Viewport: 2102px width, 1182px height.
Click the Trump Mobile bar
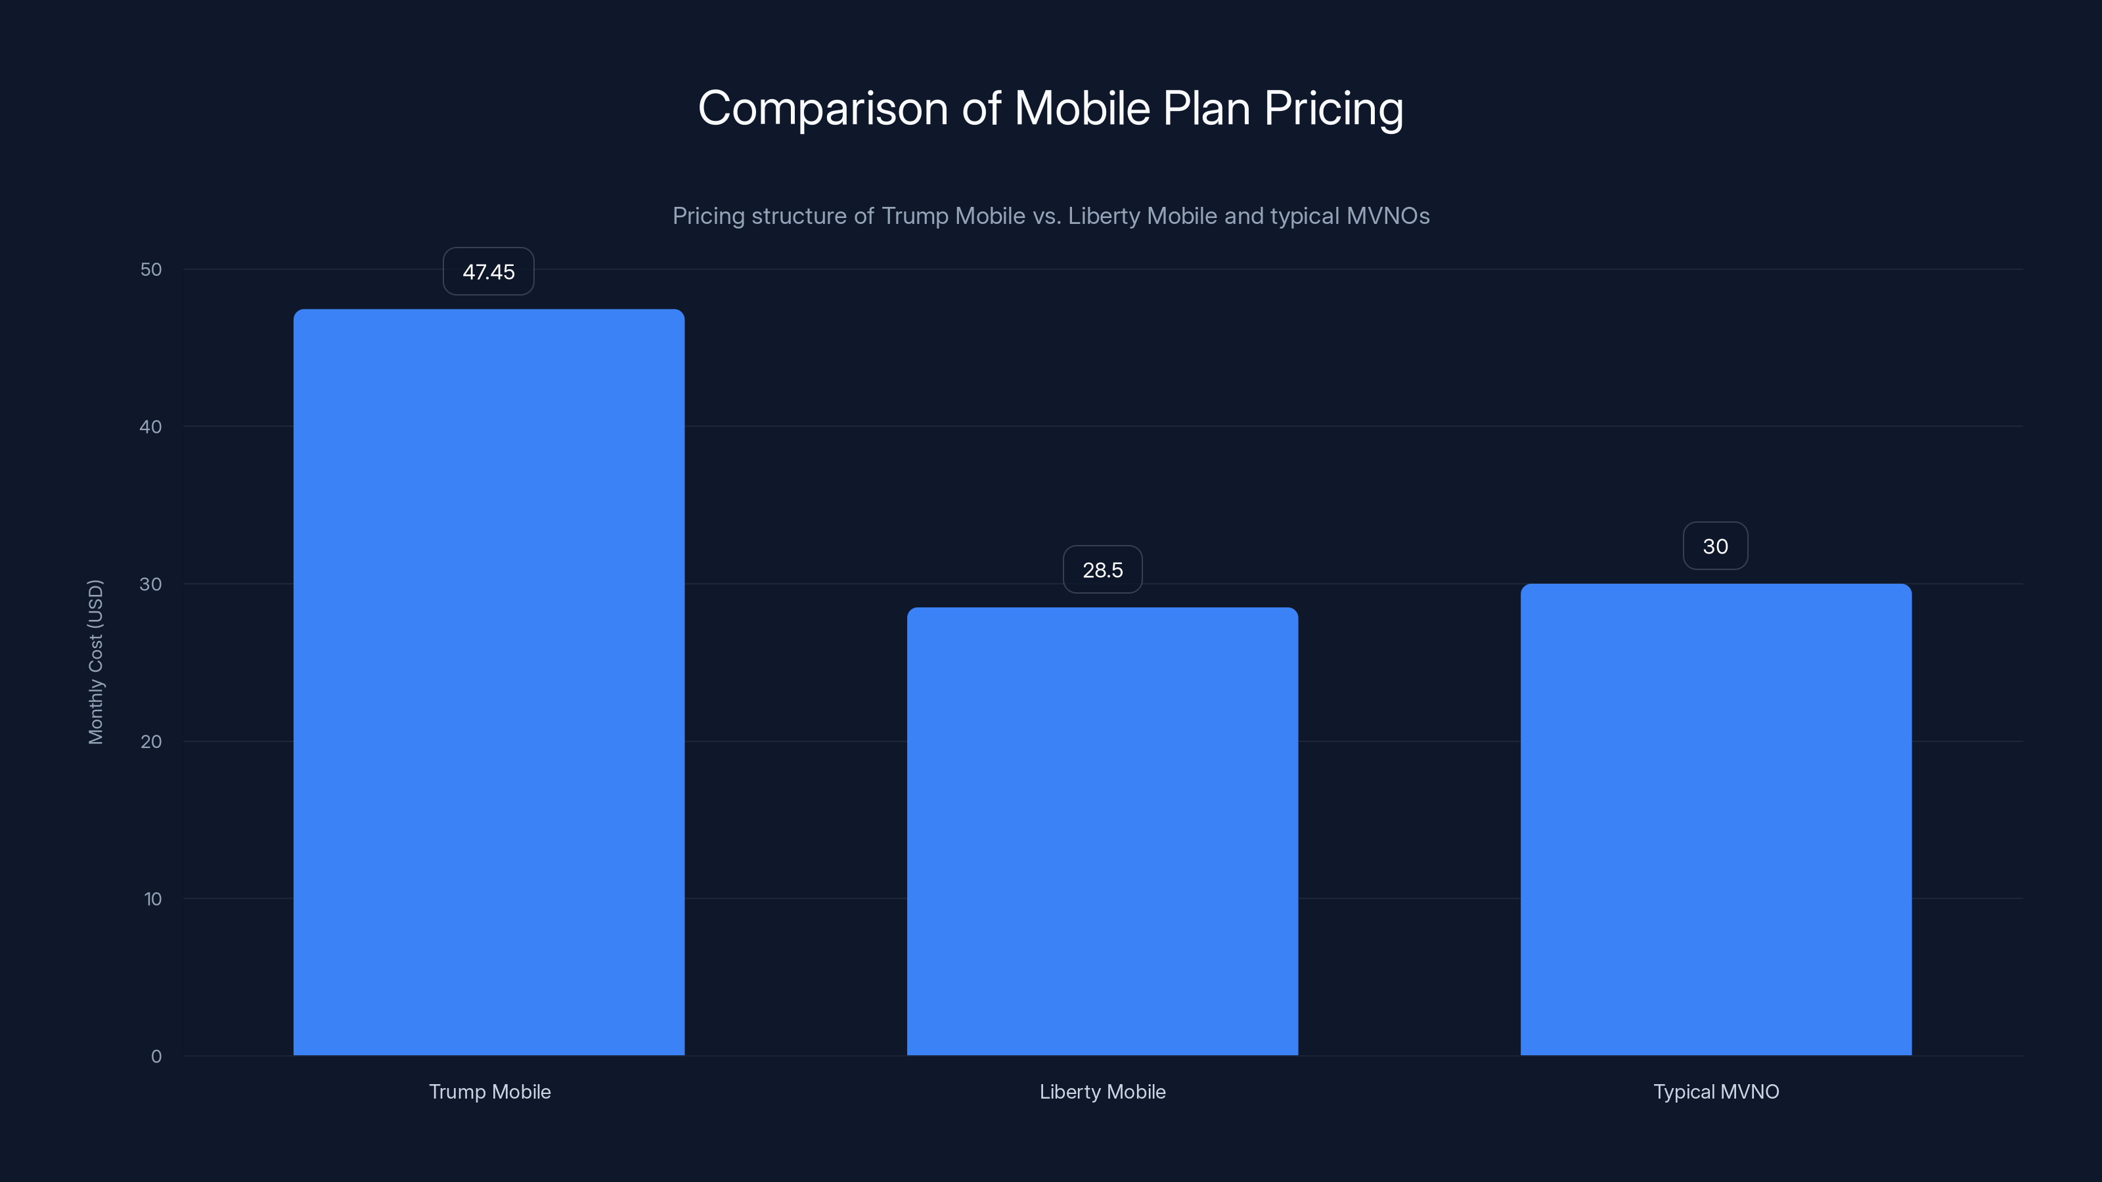[x=489, y=682]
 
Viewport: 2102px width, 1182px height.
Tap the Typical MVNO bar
[x=1715, y=819]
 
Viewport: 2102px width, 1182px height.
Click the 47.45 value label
[x=489, y=272]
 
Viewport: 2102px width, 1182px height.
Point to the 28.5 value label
[x=1102, y=570]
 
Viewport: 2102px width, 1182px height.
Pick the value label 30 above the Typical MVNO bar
[x=1715, y=546]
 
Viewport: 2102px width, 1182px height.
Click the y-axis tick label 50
[x=151, y=270]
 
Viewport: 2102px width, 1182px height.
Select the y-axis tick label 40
[x=151, y=427]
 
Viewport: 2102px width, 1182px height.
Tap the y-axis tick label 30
[x=151, y=584]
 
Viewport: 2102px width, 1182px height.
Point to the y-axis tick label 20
[x=151, y=741]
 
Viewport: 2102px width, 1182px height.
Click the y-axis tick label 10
[x=152, y=899]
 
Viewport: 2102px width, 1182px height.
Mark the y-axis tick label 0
[x=156, y=1057]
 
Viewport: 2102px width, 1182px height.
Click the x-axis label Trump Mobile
[x=489, y=1091]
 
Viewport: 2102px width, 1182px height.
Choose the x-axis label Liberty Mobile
[x=1102, y=1091]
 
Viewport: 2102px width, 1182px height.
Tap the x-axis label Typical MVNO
[x=1716, y=1091]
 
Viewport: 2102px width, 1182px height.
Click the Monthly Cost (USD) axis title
[x=95, y=661]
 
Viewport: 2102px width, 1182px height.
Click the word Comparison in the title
[x=822, y=108]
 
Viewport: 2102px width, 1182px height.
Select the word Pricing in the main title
[x=1333, y=108]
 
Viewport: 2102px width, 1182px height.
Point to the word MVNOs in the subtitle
[x=1388, y=216]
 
